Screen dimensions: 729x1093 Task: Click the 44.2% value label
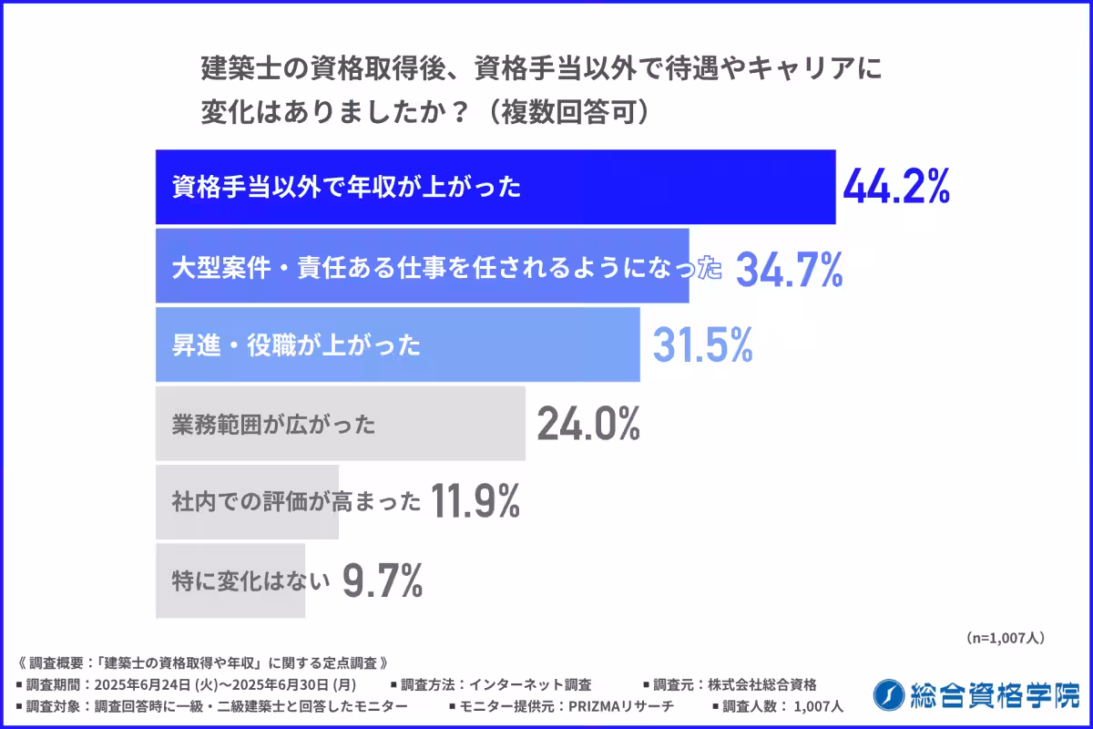897,187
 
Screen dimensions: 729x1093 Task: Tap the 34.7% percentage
789,269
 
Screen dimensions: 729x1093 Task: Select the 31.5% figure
702,344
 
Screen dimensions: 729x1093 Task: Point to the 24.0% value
587,424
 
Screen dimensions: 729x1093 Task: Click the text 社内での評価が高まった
297,501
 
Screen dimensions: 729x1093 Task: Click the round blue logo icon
887,695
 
